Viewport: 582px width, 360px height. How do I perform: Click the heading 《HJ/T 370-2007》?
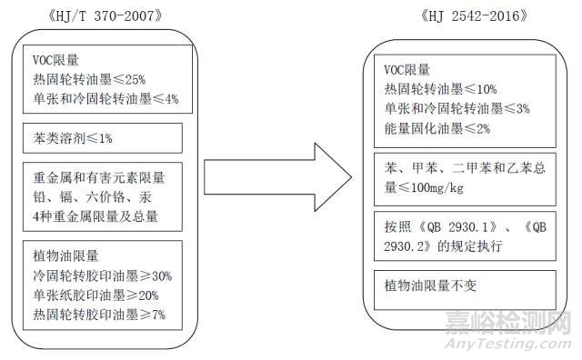101,16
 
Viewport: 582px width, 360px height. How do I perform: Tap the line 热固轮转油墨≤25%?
85,79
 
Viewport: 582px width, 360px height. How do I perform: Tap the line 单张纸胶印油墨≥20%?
95,295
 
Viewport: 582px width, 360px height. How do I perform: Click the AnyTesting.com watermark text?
515,344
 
